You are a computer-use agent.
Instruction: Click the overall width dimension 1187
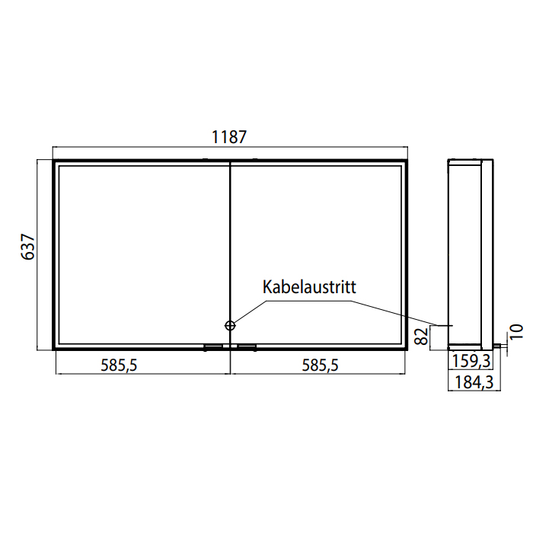(x=228, y=137)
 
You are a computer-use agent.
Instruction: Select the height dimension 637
(x=28, y=247)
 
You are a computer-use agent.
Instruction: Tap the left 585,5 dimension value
(x=119, y=365)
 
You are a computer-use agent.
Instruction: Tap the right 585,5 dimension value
(x=321, y=365)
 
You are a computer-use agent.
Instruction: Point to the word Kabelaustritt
(x=309, y=287)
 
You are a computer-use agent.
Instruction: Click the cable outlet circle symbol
(x=230, y=326)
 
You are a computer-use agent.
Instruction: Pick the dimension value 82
(x=422, y=337)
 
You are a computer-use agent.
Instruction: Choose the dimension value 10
(x=515, y=331)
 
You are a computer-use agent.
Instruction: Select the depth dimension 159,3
(x=471, y=361)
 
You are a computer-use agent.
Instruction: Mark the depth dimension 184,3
(x=474, y=382)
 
